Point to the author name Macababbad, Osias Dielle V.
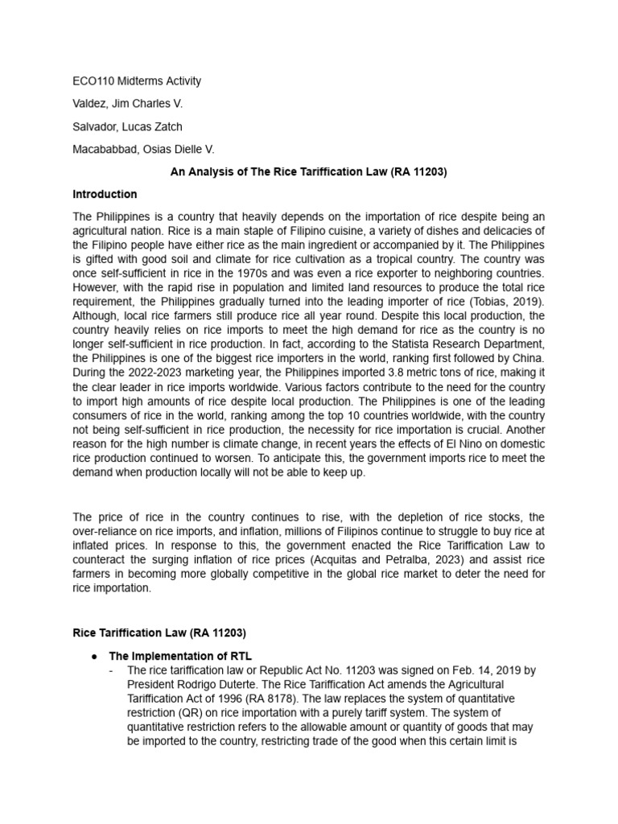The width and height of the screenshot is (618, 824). pyautogui.click(x=142, y=149)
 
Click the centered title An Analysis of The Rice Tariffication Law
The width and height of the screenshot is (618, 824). pyautogui.click(x=308, y=171)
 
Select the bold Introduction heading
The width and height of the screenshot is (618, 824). pyautogui.click(x=105, y=194)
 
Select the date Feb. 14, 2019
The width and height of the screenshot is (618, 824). pyautogui.click(x=450, y=669)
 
